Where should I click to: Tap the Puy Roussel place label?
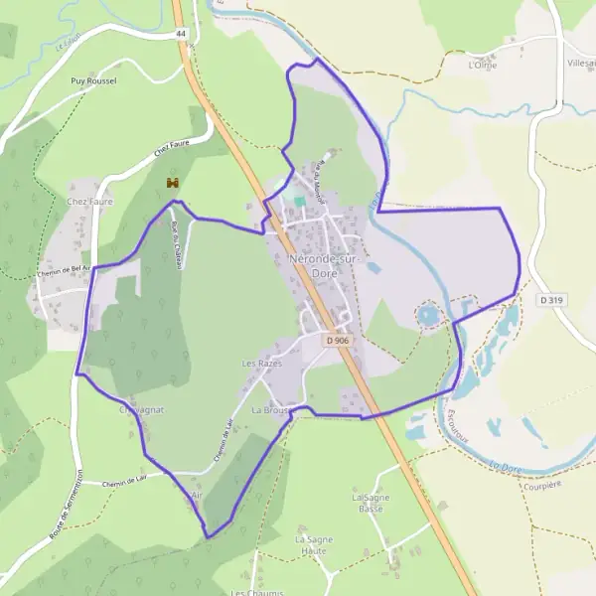(94, 80)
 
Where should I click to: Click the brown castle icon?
(173, 183)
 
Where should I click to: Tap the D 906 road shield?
(338, 340)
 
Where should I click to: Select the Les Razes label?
(262, 364)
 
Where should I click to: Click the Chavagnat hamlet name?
(141, 409)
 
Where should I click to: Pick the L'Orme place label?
(482, 66)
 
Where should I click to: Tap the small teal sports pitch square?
(300, 201)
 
